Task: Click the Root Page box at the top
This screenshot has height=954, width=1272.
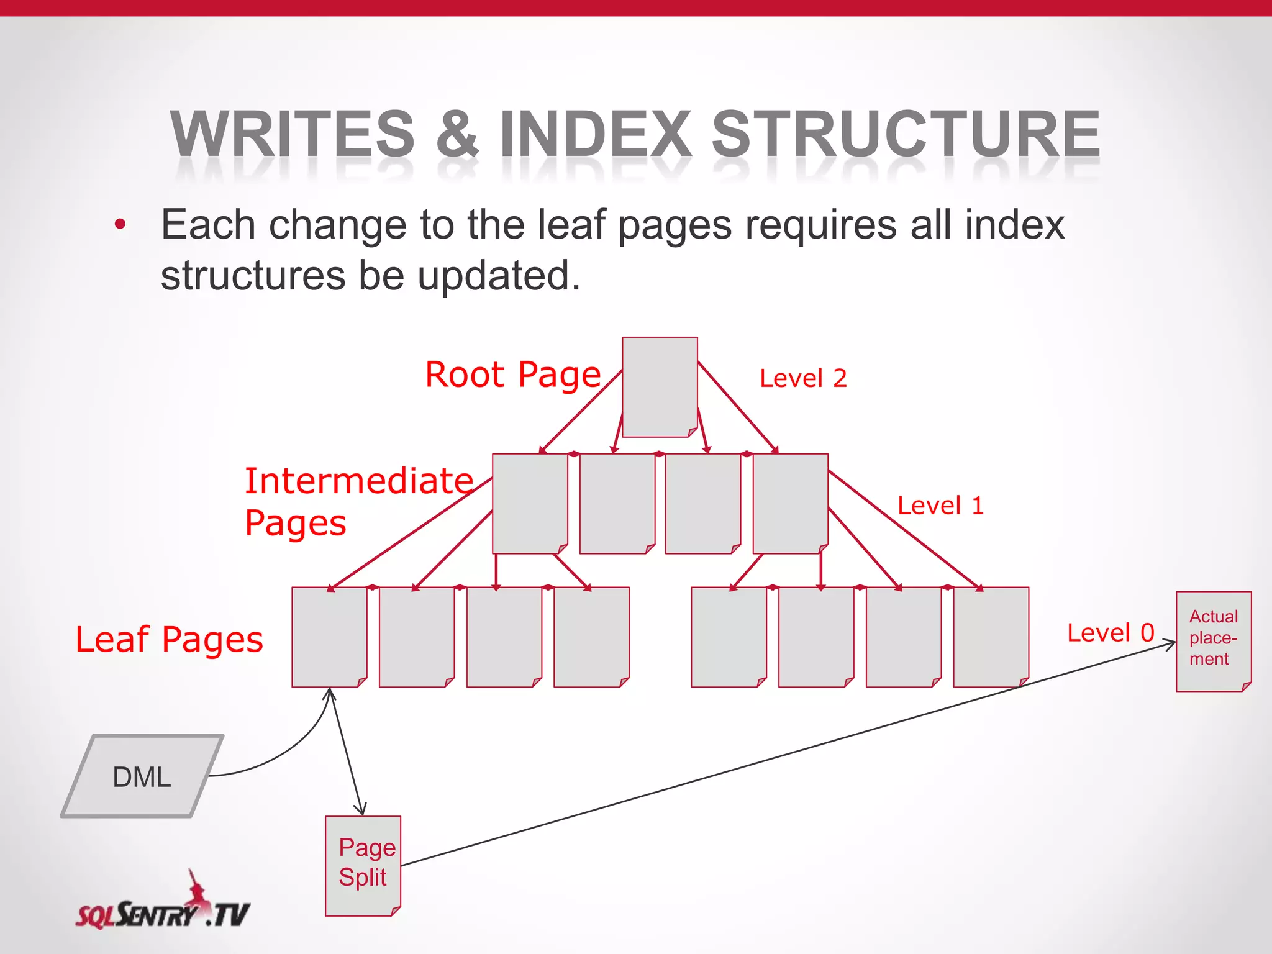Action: click(660, 387)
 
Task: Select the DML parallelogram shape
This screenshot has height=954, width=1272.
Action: click(142, 776)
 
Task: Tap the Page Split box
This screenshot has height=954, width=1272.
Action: click(363, 865)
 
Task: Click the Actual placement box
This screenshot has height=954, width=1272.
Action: click(1213, 640)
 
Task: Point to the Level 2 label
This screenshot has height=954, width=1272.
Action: click(803, 378)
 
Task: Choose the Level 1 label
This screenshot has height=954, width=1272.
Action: click(940, 506)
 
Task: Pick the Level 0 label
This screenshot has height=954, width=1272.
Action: click(1111, 633)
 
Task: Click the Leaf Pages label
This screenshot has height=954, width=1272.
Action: click(169, 640)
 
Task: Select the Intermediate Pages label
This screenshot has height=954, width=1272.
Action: click(358, 502)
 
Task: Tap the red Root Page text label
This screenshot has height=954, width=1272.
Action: click(513, 375)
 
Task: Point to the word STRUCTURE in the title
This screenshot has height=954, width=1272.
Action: click(906, 134)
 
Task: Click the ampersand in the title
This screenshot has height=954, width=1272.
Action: click(457, 134)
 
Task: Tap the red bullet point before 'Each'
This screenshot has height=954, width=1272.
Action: click(120, 225)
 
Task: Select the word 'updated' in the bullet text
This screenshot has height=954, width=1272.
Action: click(499, 275)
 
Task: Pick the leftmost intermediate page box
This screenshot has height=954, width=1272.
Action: click(530, 503)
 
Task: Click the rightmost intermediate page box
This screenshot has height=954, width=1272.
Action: click(790, 503)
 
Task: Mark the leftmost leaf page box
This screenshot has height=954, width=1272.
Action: click(329, 637)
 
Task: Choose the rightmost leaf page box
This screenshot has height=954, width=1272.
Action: click(991, 637)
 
